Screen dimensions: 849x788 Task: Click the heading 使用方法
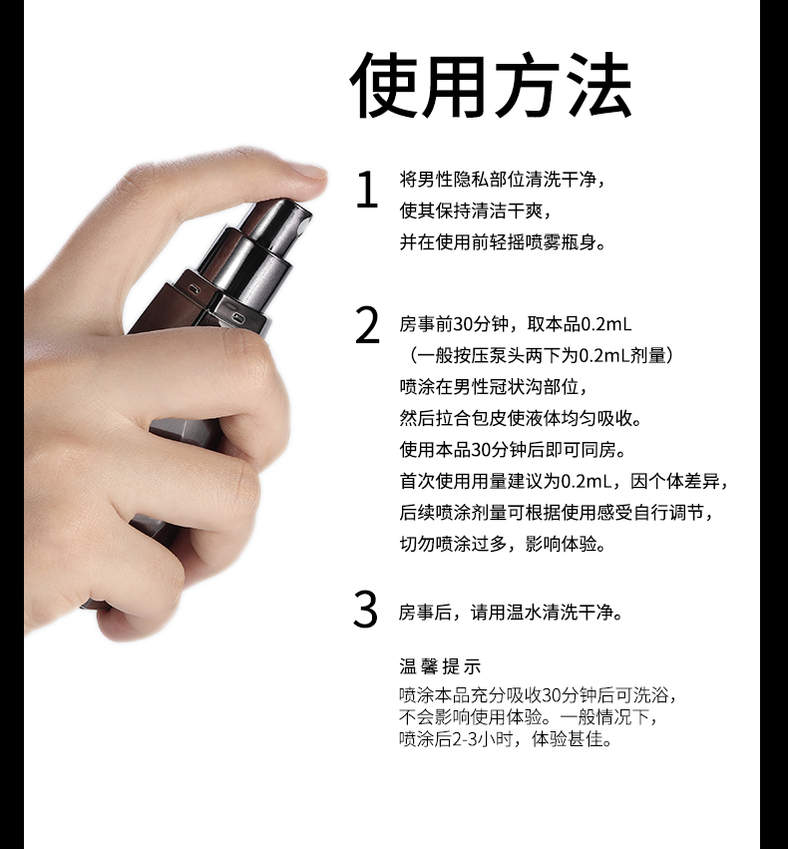coord(491,88)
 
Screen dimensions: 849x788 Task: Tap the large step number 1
coord(367,191)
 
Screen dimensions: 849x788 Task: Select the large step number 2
coord(367,326)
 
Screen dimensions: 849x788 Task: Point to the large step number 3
coord(366,611)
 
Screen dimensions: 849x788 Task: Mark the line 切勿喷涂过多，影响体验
coord(503,544)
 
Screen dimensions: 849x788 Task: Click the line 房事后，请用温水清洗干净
coord(512,612)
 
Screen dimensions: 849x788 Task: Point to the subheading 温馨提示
coord(440,666)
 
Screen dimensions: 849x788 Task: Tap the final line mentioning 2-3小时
coord(505,739)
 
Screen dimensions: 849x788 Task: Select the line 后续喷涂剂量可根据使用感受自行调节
coord(558,512)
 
